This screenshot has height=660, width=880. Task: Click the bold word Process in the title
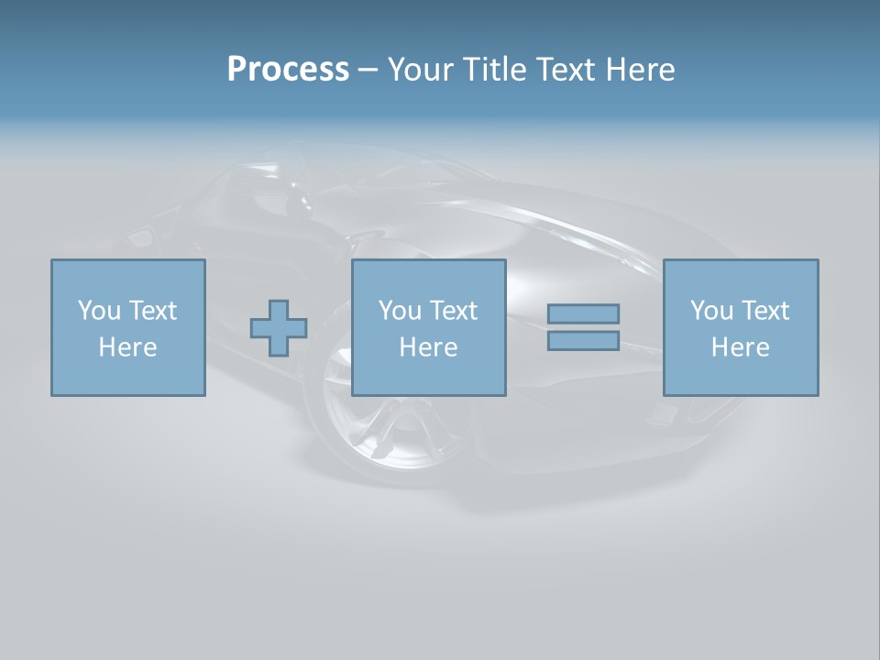(288, 70)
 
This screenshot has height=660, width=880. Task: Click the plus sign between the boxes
(279, 328)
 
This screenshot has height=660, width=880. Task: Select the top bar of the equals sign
(583, 313)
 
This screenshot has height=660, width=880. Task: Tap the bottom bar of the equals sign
(583, 340)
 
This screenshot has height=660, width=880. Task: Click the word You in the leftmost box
(98, 311)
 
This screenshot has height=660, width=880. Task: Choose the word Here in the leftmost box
(127, 347)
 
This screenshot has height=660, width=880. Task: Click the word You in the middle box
(400, 311)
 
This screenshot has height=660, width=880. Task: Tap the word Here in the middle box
(428, 347)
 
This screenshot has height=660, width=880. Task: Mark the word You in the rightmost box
(711, 311)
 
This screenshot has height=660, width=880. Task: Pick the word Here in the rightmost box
(740, 347)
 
